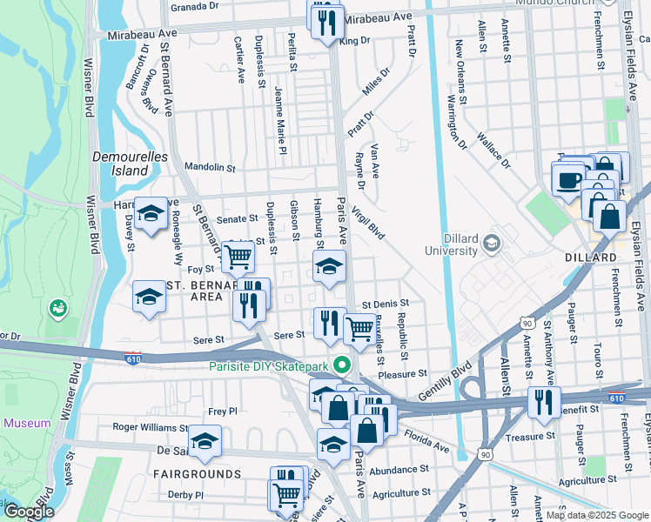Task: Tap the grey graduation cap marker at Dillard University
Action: pyautogui.click(x=493, y=242)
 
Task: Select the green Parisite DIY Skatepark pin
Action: pyautogui.click(x=342, y=365)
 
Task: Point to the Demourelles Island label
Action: pyautogui.click(x=120, y=164)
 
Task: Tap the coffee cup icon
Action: pyautogui.click(x=569, y=180)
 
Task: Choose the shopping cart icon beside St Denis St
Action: pyautogui.click(x=359, y=329)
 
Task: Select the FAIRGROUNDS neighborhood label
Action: pyautogui.click(x=198, y=474)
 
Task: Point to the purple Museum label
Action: pyautogui.click(x=27, y=424)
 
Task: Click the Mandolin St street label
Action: pyautogui.click(x=210, y=167)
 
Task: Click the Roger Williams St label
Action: pyautogui.click(x=151, y=427)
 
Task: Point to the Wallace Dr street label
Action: pyautogui.click(x=493, y=151)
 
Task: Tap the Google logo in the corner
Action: pyautogui.click(x=28, y=512)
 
